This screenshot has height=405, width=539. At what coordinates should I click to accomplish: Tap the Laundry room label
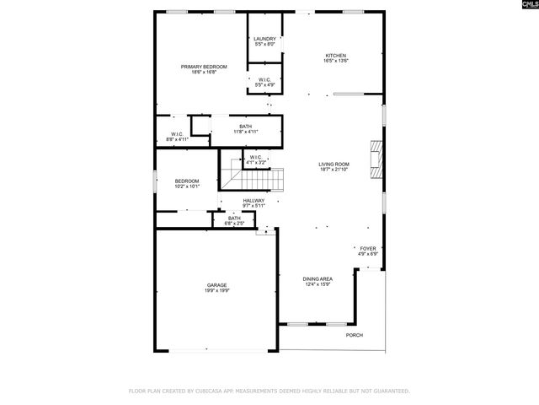pyautogui.click(x=265, y=38)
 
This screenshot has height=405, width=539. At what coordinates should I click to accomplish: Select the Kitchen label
pyautogui.click(x=336, y=56)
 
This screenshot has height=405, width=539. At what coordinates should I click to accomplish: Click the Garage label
pyautogui.click(x=217, y=285)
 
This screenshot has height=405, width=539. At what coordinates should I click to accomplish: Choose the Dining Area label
pyautogui.click(x=318, y=278)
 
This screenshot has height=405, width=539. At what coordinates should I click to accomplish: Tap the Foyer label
pyautogui.click(x=368, y=249)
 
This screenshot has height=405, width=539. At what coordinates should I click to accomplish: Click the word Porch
pyautogui.click(x=355, y=335)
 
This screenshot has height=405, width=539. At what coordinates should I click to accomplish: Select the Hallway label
pyautogui.click(x=253, y=201)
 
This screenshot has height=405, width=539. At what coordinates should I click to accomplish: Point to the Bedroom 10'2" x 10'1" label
pyautogui.click(x=187, y=181)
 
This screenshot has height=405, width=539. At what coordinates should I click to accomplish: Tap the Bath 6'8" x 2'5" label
pyautogui.click(x=233, y=219)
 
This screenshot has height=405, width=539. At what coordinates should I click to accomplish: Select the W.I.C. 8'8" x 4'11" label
pyautogui.click(x=177, y=135)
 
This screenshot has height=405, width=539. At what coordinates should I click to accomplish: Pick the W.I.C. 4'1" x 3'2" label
pyautogui.click(x=256, y=159)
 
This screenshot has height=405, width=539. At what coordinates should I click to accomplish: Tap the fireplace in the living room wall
pyautogui.click(x=378, y=154)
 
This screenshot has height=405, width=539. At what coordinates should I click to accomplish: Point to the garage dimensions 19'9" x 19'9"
pyautogui.click(x=217, y=290)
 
